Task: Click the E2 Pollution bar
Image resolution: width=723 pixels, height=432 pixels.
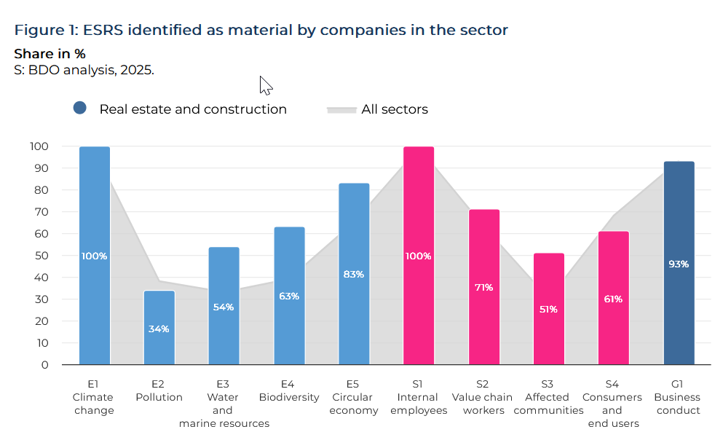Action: (159, 328)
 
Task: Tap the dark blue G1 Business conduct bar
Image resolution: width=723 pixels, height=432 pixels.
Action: (679, 263)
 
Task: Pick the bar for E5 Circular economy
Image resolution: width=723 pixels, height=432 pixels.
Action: (354, 274)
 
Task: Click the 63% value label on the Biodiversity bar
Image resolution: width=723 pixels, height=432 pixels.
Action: (289, 296)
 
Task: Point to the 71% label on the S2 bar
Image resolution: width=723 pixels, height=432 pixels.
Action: (483, 287)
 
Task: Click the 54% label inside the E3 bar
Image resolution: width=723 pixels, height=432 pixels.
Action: (224, 307)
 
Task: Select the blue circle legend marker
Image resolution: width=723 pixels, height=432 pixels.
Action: (80, 108)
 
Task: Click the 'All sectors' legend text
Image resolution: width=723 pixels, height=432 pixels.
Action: (395, 109)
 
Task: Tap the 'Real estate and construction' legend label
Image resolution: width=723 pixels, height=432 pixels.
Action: (193, 109)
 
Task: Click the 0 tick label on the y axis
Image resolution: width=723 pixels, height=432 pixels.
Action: (45, 364)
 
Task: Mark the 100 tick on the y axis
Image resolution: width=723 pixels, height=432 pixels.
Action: (39, 146)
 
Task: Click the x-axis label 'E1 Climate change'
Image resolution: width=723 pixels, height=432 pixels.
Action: (93, 398)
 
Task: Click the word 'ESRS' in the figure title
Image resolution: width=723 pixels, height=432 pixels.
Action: (105, 30)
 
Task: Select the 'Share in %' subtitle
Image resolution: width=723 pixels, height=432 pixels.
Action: (50, 54)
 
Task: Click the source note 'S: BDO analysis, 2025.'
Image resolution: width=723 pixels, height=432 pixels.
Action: (84, 70)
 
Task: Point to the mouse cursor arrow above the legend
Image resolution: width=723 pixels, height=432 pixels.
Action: (265, 85)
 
